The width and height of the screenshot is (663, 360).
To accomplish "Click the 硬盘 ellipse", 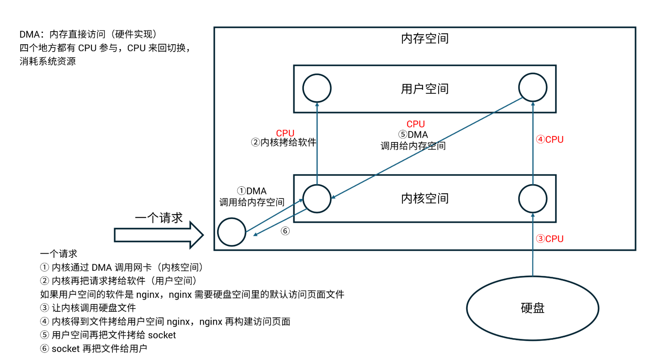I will pos(532,308).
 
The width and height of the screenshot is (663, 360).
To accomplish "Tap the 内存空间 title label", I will pos(425,39).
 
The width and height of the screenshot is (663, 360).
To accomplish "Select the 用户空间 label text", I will pos(425,89).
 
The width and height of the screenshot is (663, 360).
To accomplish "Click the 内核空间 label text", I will pos(425,198).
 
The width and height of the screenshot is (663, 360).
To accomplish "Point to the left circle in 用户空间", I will pos(317,88).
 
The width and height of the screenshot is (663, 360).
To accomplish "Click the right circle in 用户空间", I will pos(533,87).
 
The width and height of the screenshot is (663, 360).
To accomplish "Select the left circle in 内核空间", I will pos(317,199).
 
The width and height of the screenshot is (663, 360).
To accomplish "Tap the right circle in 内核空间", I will pos(533,199).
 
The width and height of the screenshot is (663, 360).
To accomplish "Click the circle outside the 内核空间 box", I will pos(232,232).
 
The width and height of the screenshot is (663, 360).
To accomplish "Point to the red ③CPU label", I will pos(550,239).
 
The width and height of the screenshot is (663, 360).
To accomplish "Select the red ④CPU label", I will pos(550,140).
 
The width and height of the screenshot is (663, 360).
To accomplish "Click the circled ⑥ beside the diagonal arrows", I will pos(285,231).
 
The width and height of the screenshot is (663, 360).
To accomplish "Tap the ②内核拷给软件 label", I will pos(284,142).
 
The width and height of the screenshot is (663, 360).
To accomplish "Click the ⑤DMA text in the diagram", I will pos(413,135).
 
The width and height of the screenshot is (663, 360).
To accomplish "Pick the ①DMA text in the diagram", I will pos(252,191).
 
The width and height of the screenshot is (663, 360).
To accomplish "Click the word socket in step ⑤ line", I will pos(162,335).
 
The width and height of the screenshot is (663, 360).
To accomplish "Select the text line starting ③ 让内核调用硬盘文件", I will pos(88,308).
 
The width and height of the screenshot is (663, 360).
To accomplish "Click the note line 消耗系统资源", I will pos(47,61).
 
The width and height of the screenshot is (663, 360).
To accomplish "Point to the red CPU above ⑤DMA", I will pos(415,124).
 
